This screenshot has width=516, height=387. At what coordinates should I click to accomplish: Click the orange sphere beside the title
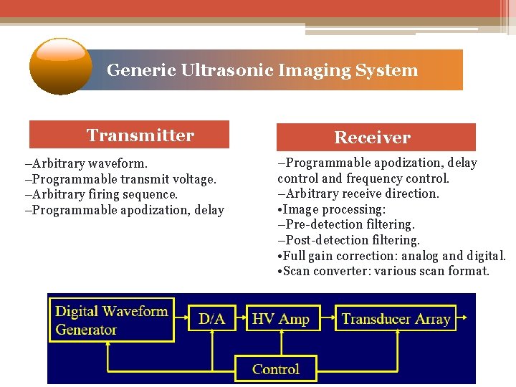click(61, 66)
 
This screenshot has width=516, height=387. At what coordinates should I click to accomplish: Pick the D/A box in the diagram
click(211, 319)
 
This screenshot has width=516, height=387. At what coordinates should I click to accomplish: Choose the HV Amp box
click(281, 319)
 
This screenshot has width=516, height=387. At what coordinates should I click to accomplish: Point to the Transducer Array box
click(396, 319)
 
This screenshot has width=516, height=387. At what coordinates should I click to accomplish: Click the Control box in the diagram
click(276, 369)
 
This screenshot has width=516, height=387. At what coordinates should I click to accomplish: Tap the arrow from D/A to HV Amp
click(239, 319)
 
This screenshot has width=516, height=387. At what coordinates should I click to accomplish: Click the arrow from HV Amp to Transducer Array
click(325, 319)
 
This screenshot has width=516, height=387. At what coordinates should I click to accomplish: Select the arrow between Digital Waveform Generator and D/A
click(182, 319)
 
